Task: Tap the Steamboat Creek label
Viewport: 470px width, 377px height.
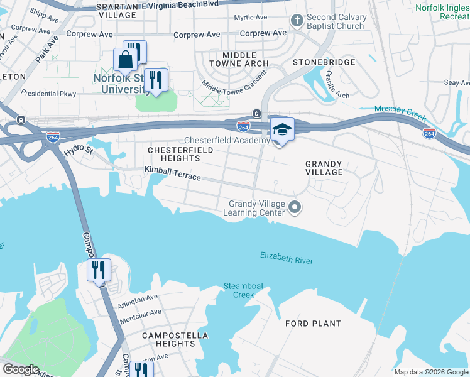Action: pos(239,290)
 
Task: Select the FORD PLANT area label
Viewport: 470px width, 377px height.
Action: pos(313,324)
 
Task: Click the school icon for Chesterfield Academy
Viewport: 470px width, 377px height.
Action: pos(282,130)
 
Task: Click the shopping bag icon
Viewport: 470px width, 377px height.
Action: pos(125,60)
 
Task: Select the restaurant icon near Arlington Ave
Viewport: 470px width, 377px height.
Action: pos(99,270)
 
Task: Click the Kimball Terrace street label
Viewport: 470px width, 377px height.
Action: pos(172,173)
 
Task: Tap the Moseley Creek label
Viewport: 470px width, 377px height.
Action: pos(400,113)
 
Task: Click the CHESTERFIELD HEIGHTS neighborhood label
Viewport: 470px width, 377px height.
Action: pos(180,155)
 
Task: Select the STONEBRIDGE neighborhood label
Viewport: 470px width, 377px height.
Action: pos(324,62)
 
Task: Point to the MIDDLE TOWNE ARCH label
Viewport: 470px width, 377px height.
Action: pos(236,60)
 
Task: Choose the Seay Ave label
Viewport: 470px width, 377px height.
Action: pos(457,82)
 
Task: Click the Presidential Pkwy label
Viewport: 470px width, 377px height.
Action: pos(48,94)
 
